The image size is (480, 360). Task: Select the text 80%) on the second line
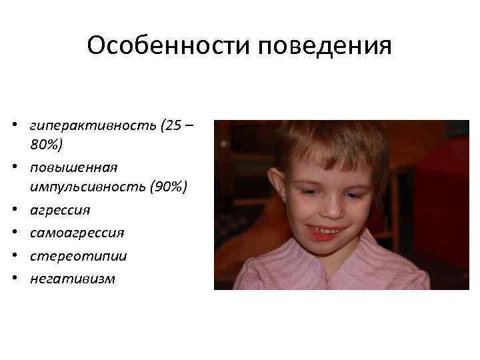coord(46,144)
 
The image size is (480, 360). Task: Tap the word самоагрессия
coord(77,233)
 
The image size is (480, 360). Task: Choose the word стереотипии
coord(78,256)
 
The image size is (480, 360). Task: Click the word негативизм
coord(72,279)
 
